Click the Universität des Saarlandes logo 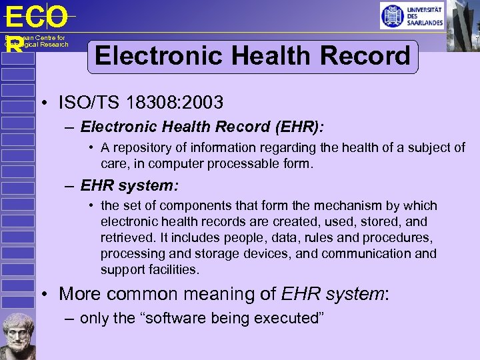click(412, 16)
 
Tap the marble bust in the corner click(17, 335)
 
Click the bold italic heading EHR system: click(129, 184)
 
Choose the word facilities click(172, 269)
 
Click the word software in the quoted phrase click(168, 318)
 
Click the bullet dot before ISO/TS click(42, 103)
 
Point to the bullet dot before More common click(42, 294)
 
